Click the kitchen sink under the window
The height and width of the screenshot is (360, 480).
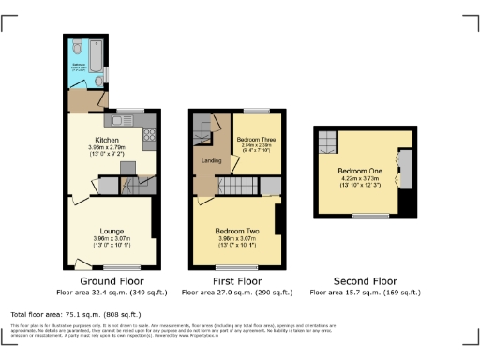119,119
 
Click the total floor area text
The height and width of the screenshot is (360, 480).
77,314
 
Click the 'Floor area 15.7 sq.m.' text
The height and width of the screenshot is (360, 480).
365,292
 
